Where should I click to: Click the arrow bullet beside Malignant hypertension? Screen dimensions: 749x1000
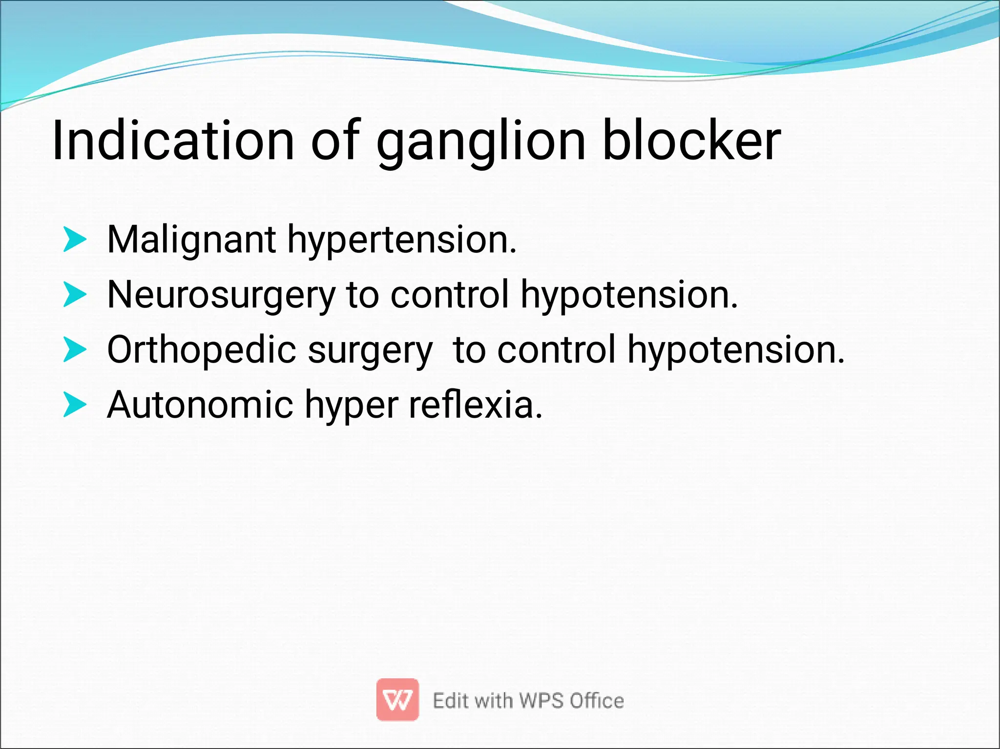click(75, 239)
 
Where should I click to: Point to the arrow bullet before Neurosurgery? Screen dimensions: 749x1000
click(75, 294)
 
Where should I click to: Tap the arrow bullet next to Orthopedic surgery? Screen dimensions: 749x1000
click(75, 349)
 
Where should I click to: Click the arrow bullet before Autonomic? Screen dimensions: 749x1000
click(75, 405)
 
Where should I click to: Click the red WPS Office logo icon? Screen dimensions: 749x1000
click(397, 699)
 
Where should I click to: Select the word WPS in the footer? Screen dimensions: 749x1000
click(542, 701)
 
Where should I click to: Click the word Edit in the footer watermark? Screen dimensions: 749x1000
click(451, 701)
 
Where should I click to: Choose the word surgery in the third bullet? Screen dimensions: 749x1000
click(370, 351)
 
